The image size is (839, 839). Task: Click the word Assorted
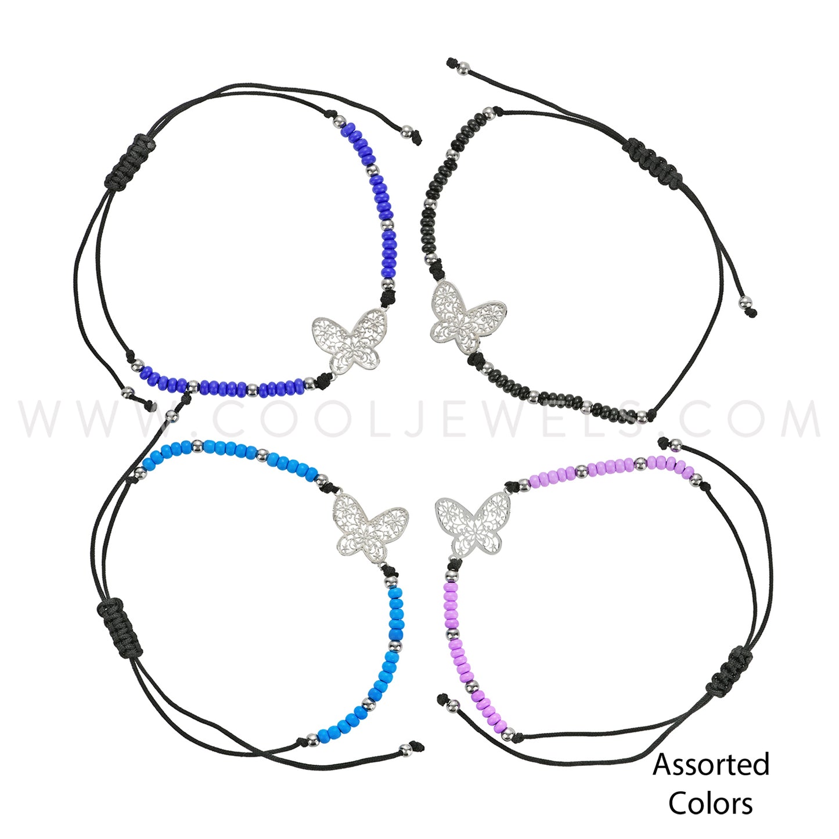[x=711, y=765]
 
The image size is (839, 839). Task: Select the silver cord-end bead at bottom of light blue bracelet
[x=406, y=750]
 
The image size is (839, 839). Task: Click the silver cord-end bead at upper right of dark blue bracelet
[x=407, y=132]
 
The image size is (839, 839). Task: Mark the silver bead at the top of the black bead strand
[x=489, y=114]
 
